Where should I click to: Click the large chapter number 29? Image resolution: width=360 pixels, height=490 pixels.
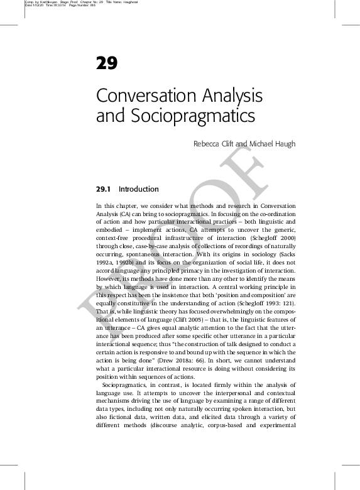[106, 63]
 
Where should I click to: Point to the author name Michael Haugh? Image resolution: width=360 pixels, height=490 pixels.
[273, 144]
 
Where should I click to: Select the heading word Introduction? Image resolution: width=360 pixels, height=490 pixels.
[138, 189]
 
